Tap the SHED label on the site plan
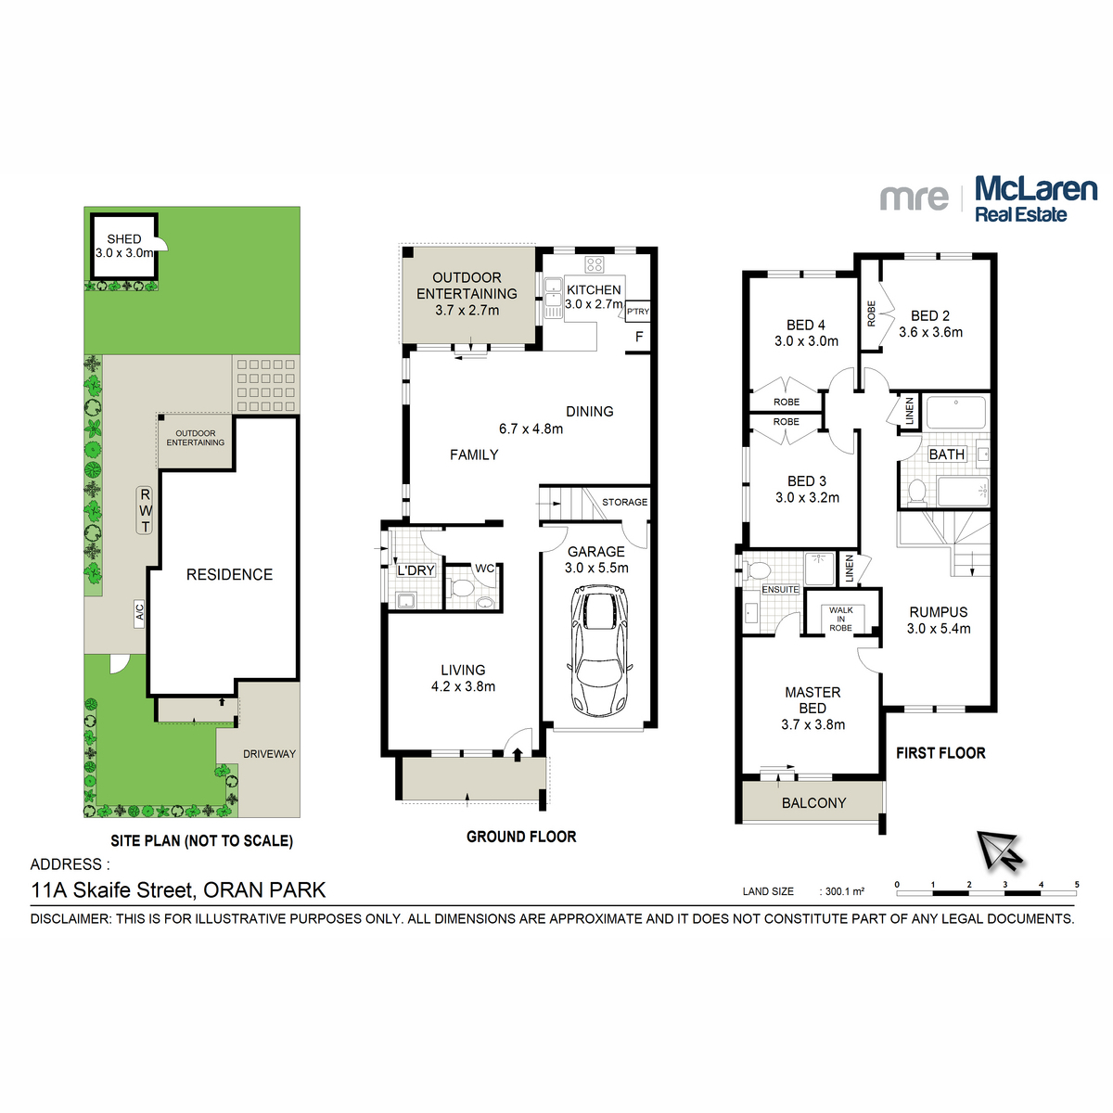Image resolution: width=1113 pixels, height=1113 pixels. point(123,239)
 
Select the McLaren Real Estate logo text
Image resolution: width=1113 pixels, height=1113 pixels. point(1035,199)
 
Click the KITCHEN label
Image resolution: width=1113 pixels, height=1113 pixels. point(594,289)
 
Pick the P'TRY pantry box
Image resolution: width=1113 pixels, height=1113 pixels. point(638,312)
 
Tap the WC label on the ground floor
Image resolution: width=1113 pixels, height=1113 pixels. point(484,569)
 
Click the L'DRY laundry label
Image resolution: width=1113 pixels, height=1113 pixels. point(416,570)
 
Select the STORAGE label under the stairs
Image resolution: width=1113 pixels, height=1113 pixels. point(624,502)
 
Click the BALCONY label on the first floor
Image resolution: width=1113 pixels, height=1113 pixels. point(813,803)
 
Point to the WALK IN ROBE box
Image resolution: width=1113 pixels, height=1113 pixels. point(840,619)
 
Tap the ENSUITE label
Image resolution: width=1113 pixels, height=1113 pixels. point(780,590)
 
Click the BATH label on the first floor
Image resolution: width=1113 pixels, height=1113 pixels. point(946,454)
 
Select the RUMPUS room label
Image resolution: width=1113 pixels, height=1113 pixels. point(938,612)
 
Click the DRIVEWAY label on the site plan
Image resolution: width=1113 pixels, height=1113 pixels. point(269,754)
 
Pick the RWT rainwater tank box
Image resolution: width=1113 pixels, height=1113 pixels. point(146,510)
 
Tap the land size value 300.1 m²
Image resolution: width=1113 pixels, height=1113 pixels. point(845,891)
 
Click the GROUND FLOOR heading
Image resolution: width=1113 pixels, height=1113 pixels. point(521,837)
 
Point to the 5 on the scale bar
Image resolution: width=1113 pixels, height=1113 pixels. point(1077,885)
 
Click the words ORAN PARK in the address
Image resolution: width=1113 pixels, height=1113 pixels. point(264,890)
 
